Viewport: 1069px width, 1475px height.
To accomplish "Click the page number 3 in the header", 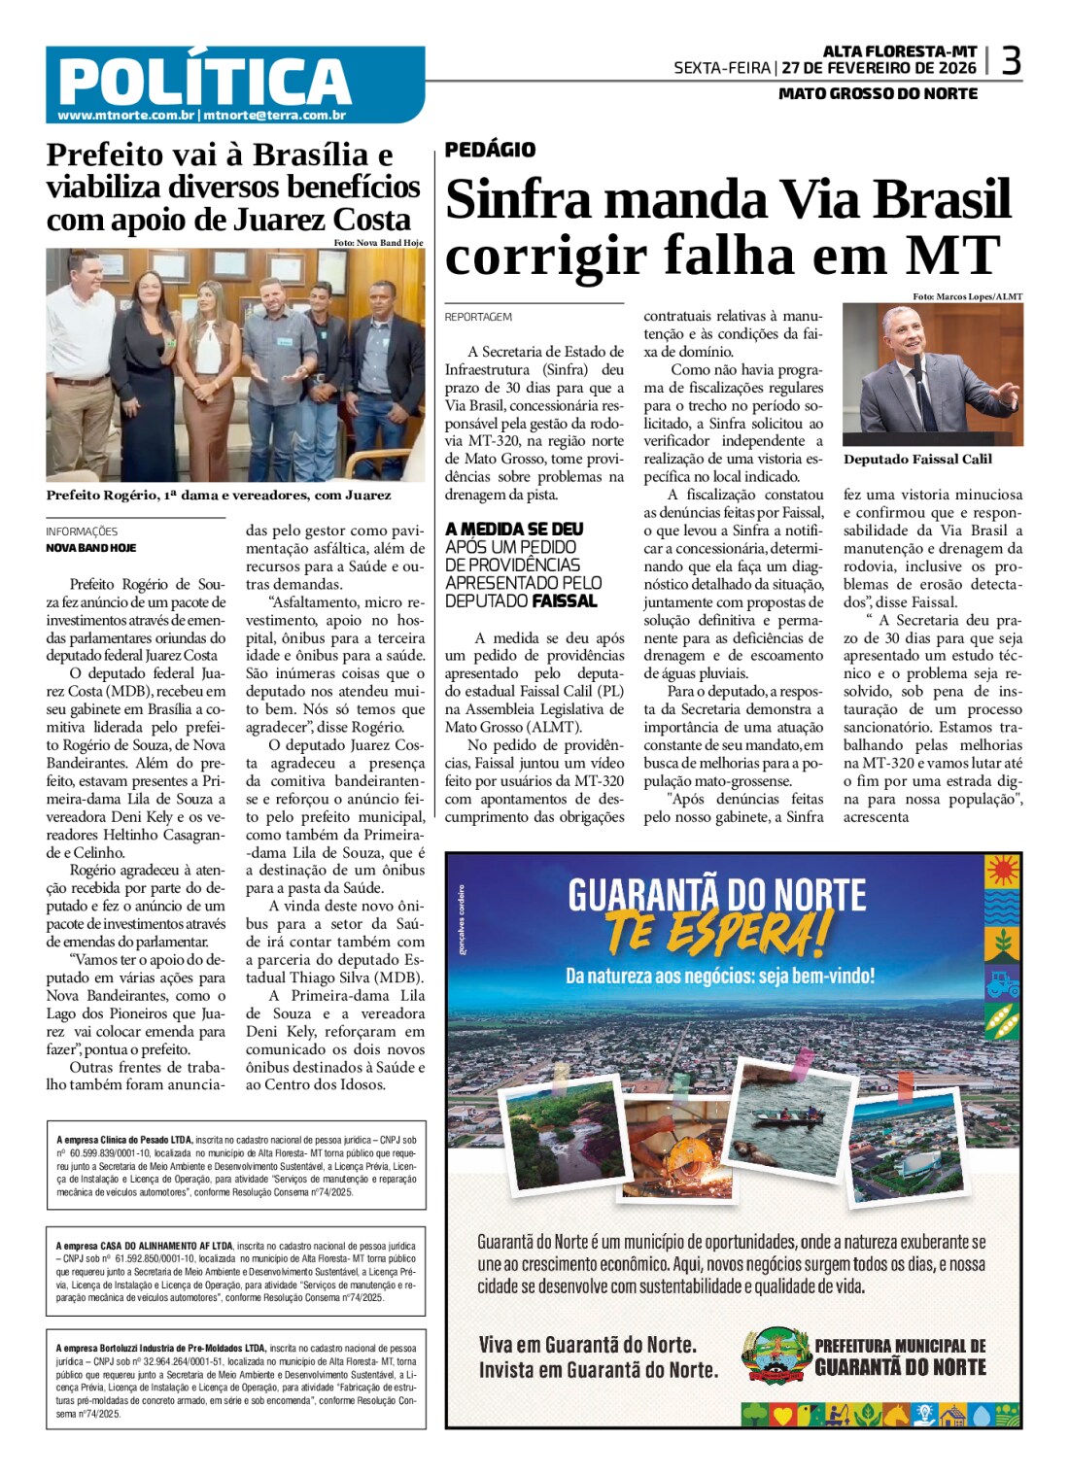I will pyautogui.click(x=1011, y=61).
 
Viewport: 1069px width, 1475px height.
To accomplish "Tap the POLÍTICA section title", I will pyautogui.click(x=205, y=80).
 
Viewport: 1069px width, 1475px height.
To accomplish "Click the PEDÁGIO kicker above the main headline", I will pyautogui.click(x=490, y=150).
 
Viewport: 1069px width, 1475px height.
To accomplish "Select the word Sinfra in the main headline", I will pyautogui.click(x=518, y=200).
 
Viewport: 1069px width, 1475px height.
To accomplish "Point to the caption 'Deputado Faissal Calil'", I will pyautogui.click(x=917, y=460).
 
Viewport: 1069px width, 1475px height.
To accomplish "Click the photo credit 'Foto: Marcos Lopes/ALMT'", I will pyautogui.click(x=967, y=296).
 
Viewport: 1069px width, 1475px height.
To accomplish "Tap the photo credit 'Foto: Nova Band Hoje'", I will pyautogui.click(x=378, y=243).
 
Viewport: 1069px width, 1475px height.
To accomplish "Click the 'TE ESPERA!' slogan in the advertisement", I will pyautogui.click(x=719, y=934).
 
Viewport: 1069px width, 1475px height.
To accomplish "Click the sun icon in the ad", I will pyautogui.click(x=1002, y=868).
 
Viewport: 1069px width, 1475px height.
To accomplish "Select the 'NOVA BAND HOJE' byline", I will pyautogui.click(x=90, y=548).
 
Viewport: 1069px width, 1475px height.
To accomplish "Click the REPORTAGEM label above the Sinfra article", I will pyautogui.click(x=478, y=317).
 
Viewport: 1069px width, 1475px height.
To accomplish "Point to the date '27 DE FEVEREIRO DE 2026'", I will pyautogui.click(x=879, y=68).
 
